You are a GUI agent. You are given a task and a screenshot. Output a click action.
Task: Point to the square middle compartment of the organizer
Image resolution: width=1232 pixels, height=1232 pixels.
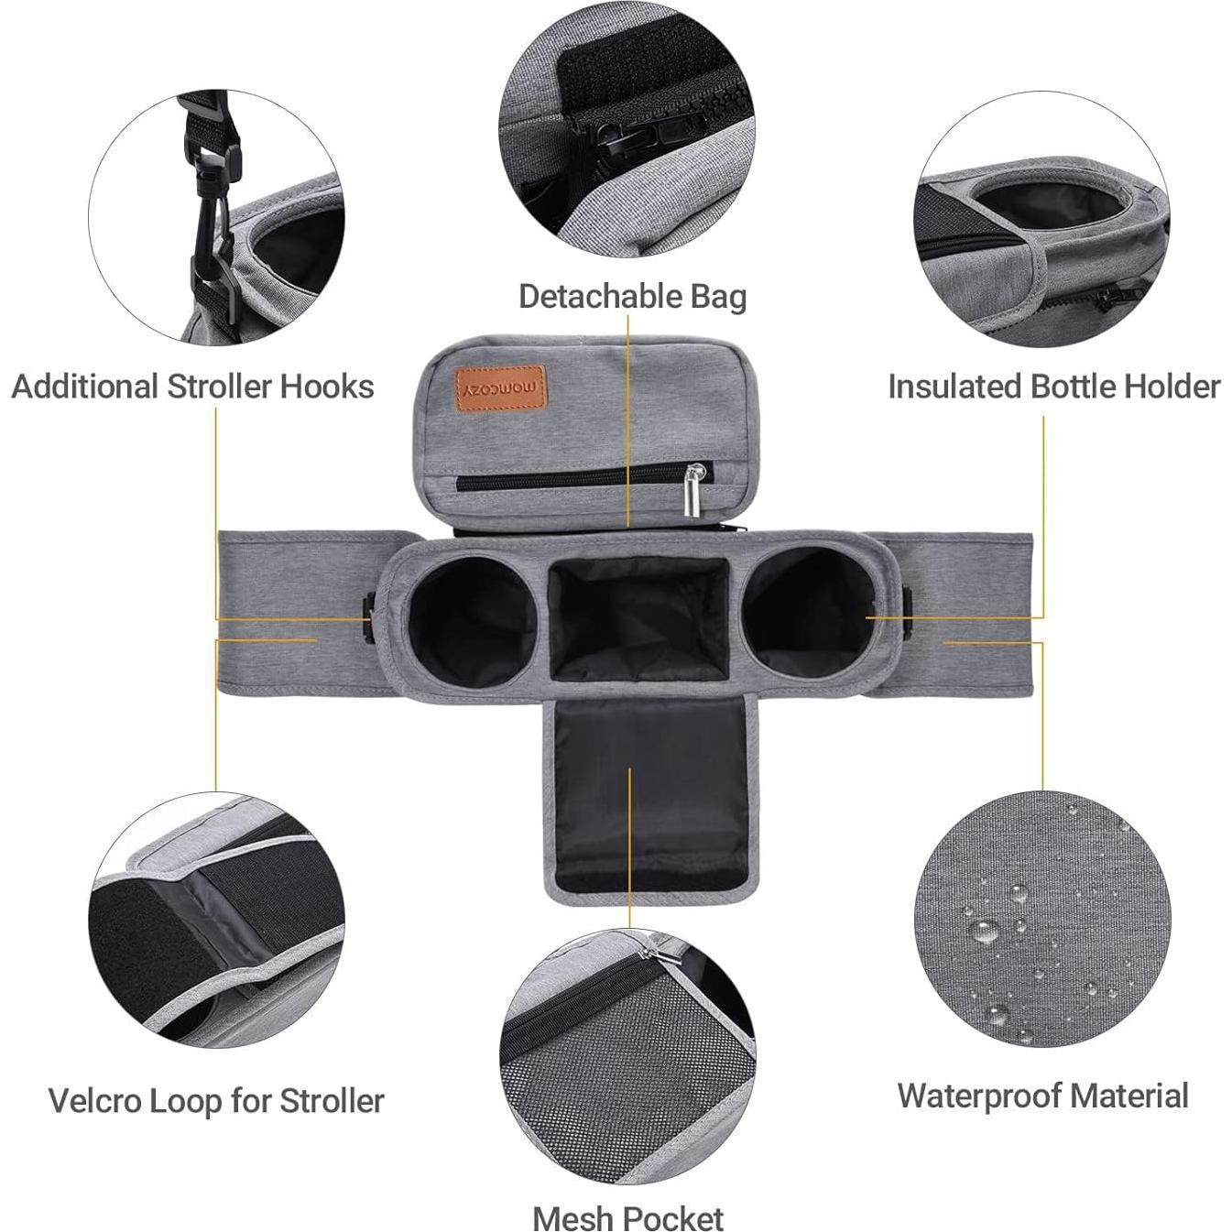tap(638, 619)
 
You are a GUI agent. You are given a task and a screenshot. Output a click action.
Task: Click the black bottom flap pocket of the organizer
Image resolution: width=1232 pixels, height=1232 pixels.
tap(650, 795)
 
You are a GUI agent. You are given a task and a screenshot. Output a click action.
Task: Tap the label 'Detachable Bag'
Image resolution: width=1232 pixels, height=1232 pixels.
tap(632, 298)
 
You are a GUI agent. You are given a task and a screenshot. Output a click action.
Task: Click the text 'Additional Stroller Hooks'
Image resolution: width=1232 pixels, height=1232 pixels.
tap(192, 387)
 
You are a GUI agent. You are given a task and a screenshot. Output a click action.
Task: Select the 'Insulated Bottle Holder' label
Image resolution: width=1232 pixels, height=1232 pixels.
tap(1054, 387)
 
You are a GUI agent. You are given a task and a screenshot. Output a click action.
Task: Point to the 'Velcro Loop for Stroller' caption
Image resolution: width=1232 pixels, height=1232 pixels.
tap(216, 1101)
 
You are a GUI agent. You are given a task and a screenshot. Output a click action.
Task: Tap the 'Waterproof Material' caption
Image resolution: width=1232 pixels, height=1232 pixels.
tap(1042, 1096)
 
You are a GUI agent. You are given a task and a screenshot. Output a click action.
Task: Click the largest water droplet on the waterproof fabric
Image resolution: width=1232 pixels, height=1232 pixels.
tap(986, 932)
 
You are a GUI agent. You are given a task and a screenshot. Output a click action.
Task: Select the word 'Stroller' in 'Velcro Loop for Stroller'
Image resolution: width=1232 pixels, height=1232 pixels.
tap(332, 1101)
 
